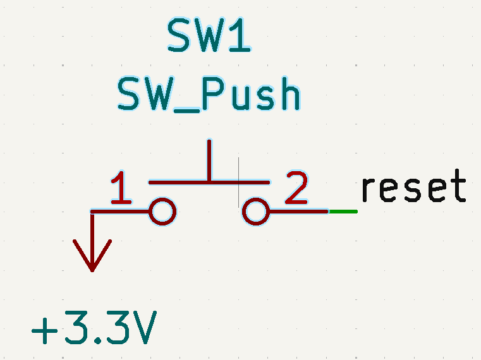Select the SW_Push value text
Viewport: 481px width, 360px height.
[x=209, y=95]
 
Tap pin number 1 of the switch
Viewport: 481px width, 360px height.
[x=120, y=188]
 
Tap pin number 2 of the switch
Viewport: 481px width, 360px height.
[x=296, y=188]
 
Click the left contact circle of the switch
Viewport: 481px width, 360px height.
[x=162, y=212]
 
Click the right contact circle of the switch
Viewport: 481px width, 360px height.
[x=256, y=212]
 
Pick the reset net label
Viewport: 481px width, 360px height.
[x=413, y=187]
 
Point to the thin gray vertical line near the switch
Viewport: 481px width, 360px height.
[x=238, y=183]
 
